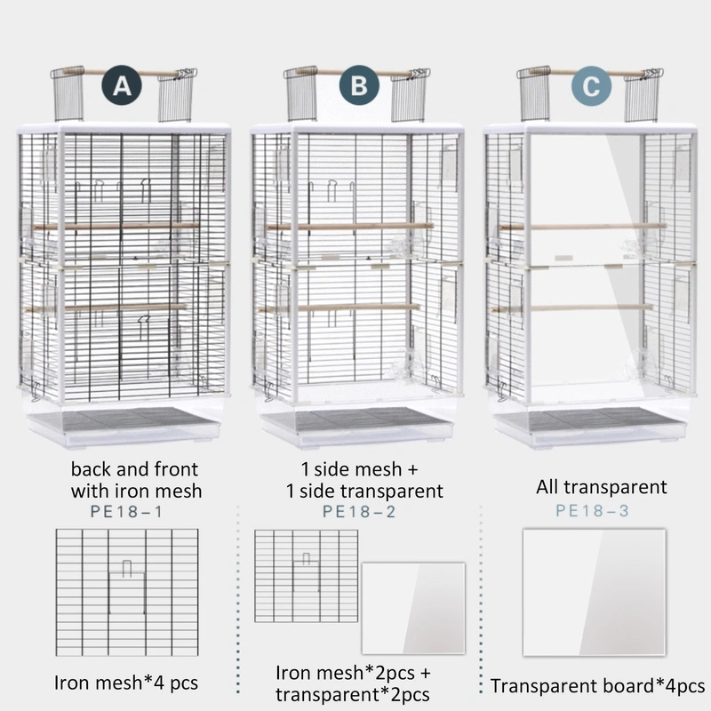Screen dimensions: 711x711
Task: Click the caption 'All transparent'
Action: (601, 486)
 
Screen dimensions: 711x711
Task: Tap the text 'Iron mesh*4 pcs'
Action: (124, 683)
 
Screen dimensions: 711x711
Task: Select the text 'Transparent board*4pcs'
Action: (597, 686)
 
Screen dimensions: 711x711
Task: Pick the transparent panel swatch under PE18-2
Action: (413, 607)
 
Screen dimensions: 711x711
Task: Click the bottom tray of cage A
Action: (124, 424)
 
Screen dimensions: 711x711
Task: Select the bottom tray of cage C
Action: (590, 425)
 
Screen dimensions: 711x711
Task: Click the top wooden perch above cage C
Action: (591, 72)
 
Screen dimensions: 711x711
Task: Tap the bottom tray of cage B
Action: (357, 425)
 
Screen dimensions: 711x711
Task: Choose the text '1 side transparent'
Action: (364, 490)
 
